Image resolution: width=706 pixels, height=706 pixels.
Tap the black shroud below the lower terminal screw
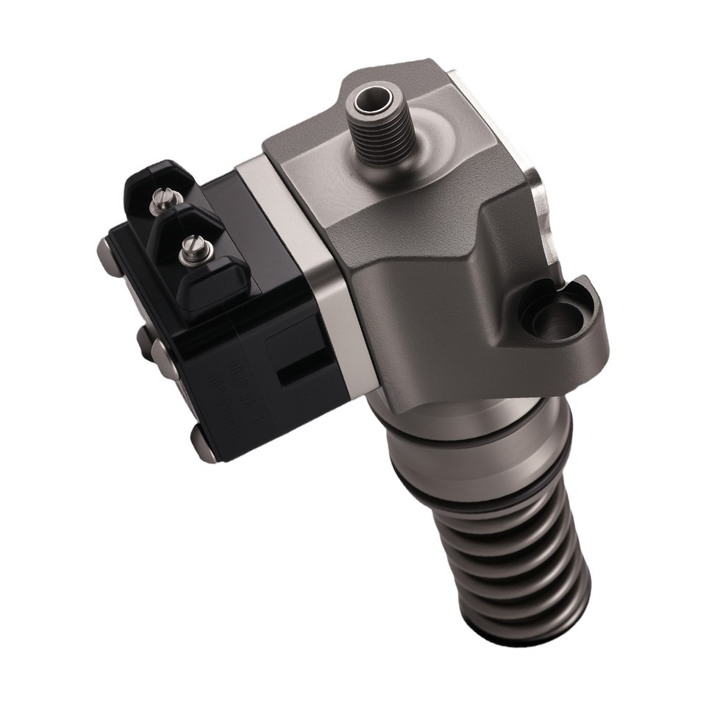click(213, 283)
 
